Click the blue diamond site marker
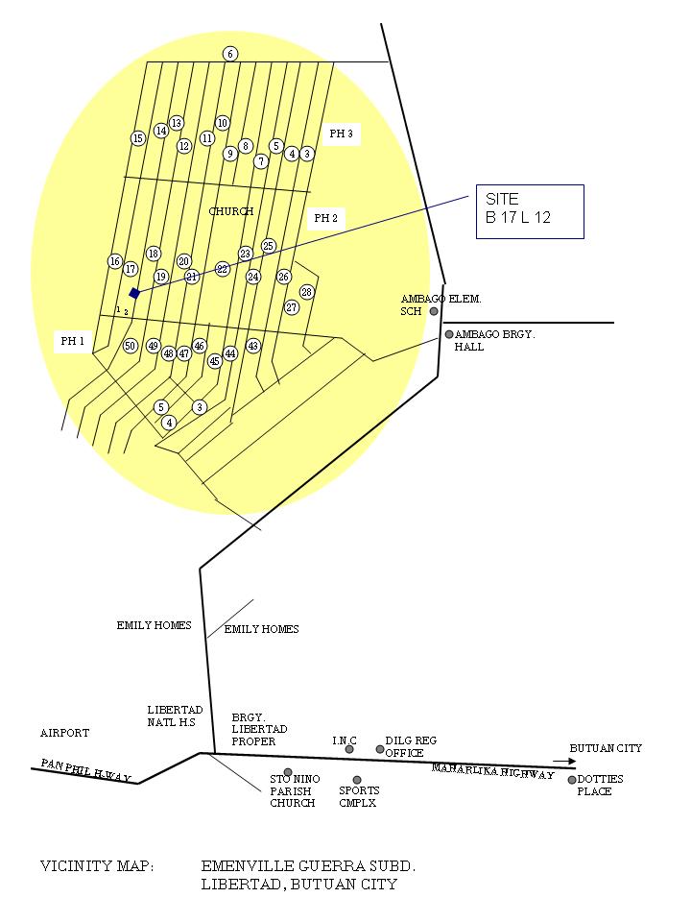(x=134, y=293)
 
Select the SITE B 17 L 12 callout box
(x=529, y=211)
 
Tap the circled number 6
(x=230, y=54)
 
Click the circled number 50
(x=131, y=346)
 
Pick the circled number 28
(x=307, y=292)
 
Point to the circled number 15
(x=138, y=138)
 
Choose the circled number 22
(x=223, y=269)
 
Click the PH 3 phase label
(x=341, y=134)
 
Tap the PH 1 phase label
(x=73, y=341)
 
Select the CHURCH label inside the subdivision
(x=231, y=211)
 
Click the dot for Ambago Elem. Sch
(x=434, y=311)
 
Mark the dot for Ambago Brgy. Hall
(x=448, y=334)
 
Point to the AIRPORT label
(x=64, y=733)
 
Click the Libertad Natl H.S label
(x=175, y=716)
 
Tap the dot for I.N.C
(x=349, y=749)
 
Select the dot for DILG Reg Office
(x=380, y=749)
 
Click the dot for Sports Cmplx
(x=357, y=780)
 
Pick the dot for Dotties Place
(x=572, y=780)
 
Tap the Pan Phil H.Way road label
(x=85, y=770)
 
